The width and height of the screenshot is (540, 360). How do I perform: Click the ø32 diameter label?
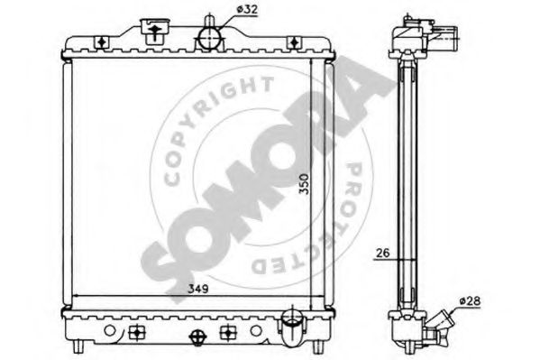tap(247, 10)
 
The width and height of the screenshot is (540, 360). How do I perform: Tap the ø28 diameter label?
tap(470, 300)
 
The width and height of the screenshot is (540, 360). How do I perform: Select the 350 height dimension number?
tap(304, 184)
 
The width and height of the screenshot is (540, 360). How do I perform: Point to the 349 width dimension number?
tap(198, 289)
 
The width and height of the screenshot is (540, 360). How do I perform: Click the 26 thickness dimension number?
tap(382, 254)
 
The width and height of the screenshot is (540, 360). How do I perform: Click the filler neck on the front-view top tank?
tap(155, 32)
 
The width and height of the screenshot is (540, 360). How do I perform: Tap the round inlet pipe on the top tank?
tap(210, 38)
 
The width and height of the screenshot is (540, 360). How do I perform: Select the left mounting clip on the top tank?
tap(102, 42)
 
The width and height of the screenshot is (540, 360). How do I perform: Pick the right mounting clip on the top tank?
tap(294, 42)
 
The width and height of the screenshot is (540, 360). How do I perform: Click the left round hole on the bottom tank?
tap(109, 331)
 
